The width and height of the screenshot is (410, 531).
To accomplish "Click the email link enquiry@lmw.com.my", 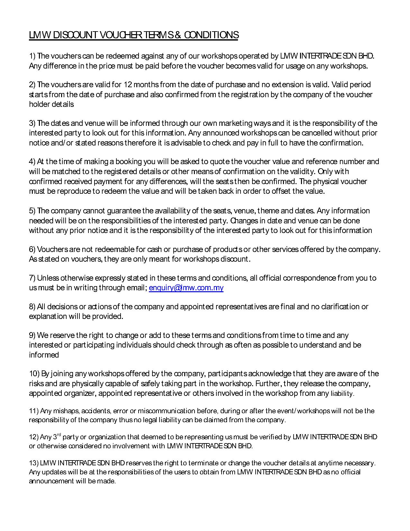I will click(186, 288).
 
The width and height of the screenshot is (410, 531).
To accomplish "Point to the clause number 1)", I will click(32, 56).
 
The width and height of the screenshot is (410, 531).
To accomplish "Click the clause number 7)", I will click(32, 278).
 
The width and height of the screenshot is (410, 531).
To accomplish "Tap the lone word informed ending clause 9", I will click(44, 355).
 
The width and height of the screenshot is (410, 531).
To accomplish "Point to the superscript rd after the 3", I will click(59, 435).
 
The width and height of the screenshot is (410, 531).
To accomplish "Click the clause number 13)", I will click(34, 463).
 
